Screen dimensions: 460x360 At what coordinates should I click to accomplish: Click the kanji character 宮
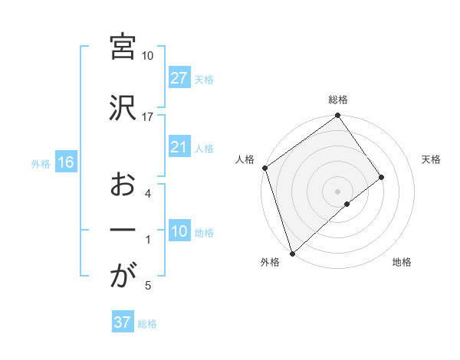123,47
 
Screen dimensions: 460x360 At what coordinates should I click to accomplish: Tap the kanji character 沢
123,110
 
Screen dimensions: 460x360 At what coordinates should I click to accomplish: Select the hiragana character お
123,186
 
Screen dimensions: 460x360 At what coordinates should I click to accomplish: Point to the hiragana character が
123,277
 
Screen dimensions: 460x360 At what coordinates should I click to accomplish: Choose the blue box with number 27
179,79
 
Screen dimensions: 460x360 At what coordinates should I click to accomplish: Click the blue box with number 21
179,148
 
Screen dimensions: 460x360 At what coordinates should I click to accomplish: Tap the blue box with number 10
179,232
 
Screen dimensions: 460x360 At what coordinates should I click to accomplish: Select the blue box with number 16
65,162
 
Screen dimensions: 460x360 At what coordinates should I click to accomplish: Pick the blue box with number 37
123,322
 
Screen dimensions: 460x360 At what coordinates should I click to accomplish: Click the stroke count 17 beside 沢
148,117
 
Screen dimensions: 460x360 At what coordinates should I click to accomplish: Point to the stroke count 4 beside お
148,194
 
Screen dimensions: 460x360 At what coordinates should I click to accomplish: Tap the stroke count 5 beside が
148,286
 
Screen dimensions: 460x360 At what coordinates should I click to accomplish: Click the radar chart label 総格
338,100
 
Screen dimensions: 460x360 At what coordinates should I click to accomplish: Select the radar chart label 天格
432,159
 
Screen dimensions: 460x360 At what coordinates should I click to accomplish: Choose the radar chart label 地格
402,263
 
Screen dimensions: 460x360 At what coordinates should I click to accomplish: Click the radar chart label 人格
245,159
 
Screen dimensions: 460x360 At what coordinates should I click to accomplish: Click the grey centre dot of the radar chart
337,190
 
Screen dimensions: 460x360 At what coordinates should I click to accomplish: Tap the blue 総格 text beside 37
147,323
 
